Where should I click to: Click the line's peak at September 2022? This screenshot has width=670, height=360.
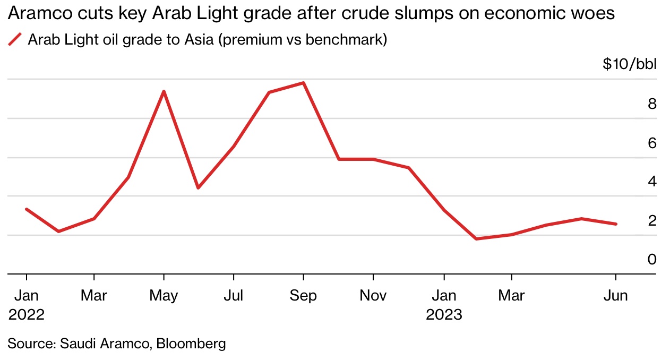click(303, 83)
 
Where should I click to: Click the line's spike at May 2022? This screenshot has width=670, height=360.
click(164, 91)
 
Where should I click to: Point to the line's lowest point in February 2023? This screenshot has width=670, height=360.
click(476, 239)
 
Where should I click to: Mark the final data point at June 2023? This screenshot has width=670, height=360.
click(616, 224)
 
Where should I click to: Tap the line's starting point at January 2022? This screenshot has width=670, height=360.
click(26, 209)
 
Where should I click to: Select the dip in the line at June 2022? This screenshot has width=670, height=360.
click(197, 188)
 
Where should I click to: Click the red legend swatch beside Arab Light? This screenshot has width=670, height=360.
click(15, 39)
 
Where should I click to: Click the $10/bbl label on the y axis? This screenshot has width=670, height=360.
click(630, 65)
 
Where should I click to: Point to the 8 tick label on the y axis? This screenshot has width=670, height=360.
click(652, 104)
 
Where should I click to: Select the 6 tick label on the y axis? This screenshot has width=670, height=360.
click(652, 143)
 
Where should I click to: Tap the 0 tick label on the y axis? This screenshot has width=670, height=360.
click(652, 259)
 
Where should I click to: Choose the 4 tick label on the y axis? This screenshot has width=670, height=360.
click(652, 182)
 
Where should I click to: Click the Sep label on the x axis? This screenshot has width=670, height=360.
click(303, 295)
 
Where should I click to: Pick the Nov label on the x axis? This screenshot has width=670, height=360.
click(373, 295)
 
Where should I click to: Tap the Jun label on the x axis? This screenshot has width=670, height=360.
click(616, 295)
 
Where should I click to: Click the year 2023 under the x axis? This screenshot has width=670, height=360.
click(444, 314)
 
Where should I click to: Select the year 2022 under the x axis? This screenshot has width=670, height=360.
click(26, 314)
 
